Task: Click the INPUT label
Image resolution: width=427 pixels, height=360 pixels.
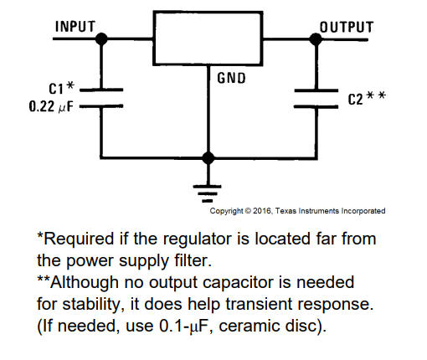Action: point(75,27)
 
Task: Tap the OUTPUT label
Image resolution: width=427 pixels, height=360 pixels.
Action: point(347,28)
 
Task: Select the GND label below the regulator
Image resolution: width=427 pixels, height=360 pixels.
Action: point(231,78)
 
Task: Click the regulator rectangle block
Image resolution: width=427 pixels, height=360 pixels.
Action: point(208,39)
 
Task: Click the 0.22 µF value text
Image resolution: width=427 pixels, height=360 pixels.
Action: point(51,106)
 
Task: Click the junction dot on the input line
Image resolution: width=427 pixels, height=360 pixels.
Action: point(101,39)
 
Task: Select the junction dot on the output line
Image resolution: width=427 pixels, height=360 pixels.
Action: point(316,39)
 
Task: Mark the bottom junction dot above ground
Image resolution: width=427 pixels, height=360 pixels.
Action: point(208,158)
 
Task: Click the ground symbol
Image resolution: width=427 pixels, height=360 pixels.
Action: point(208,193)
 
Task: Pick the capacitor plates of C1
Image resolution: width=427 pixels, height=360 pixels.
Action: point(101,98)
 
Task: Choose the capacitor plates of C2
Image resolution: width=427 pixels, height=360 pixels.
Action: point(316,99)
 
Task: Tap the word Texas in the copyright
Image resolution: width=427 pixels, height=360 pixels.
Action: point(286,211)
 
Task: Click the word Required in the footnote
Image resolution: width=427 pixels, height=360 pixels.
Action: point(79,239)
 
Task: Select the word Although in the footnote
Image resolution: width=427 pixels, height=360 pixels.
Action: point(85,283)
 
